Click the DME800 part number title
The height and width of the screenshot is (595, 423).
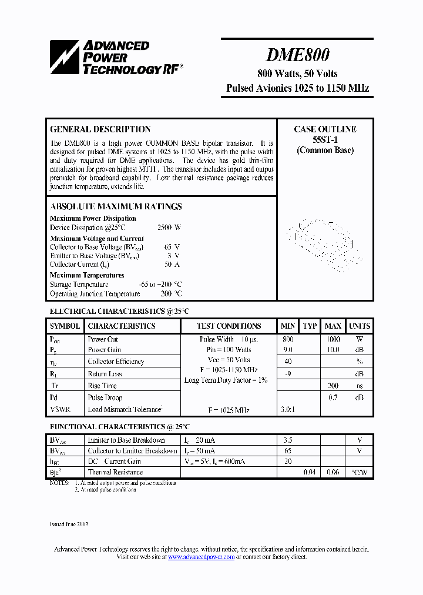click(x=297, y=55)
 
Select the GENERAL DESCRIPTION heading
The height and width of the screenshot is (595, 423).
click(x=100, y=129)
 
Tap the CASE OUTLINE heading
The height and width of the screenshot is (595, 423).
click(x=325, y=129)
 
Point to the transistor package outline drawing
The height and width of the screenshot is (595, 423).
click(x=325, y=245)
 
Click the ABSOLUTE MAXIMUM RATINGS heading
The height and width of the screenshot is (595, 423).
click(x=116, y=206)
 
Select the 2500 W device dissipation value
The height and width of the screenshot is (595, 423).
click(x=169, y=228)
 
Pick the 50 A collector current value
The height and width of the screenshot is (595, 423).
click(x=173, y=265)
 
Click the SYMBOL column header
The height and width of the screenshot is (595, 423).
click(x=65, y=326)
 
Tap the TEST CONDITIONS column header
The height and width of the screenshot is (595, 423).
click(x=229, y=326)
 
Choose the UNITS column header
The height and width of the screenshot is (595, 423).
click(x=360, y=326)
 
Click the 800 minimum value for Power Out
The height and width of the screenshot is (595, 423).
click(x=288, y=339)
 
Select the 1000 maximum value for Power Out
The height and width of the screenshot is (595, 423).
click(x=333, y=339)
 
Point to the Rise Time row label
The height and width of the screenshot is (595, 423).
click(x=102, y=386)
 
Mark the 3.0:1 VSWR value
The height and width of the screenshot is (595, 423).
click(x=288, y=409)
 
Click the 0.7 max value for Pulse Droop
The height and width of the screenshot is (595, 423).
click(x=333, y=397)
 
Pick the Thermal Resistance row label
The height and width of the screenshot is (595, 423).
click(x=115, y=472)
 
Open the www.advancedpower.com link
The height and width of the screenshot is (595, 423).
click(x=202, y=557)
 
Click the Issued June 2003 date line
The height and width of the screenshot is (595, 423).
click(x=69, y=523)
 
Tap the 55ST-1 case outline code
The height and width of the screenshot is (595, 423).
click(x=325, y=139)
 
